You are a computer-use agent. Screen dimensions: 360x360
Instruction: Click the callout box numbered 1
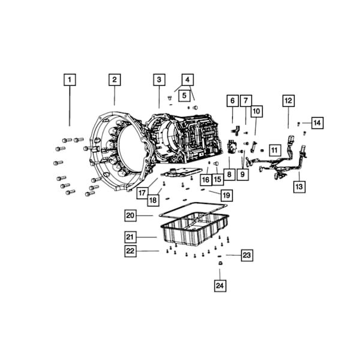pyautogui.click(x=70, y=80)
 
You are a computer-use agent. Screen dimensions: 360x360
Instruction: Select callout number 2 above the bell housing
pyautogui.click(x=115, y=80)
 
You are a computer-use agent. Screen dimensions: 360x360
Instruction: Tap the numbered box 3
pyautogui.click(x=159, y=80)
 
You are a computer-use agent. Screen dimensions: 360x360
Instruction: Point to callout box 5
pyautogui.click(x=184, y=95)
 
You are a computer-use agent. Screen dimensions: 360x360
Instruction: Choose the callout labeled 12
pyautogui.click(x=289, y=101)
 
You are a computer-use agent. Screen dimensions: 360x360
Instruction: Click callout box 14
pyautogui.click(x=317, y=123)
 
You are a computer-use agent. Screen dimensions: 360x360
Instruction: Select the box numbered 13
pyautogui.click(x=299, y=187)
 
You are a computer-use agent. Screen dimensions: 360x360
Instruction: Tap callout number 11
pyautogui.click(x=275, y=151)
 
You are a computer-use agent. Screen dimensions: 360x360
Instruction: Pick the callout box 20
pyautogui.click(x=130, y=215)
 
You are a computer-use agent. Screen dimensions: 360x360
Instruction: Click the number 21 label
pyautogui.click(x=130, y=237)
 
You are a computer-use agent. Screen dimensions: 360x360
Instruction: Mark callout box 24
pyautogui.click(x=220, y=286)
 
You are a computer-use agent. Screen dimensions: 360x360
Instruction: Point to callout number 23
pyautogui.click(x=247, y=255)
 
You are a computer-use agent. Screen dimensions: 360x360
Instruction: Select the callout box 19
pyautogui.click(x=227, y=196)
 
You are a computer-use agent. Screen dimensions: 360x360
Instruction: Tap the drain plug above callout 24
pyautogui.click(x=220, y=263)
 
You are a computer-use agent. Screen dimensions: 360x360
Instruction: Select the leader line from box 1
pyautogui.click(x=70, y=106)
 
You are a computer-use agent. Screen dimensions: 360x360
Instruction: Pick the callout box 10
pyautogui.click(x=256, y=112)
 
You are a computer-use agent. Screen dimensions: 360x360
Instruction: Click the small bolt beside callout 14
pyautogui.click(x=299, y=124)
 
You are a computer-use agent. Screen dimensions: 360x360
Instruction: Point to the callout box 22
pyautogui.click(x=130, y=251)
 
